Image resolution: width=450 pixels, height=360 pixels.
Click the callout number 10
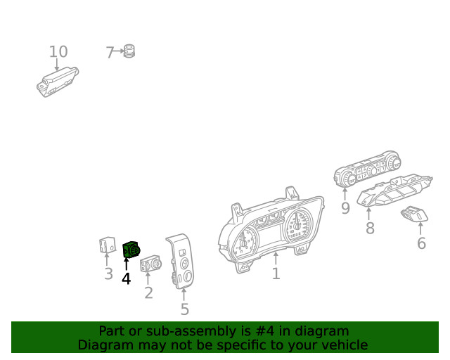[58, 51]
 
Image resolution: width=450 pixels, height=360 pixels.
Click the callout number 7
[110, 53]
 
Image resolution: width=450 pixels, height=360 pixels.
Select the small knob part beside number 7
[129, 51]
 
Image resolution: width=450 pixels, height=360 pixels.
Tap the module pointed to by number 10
[58, 82]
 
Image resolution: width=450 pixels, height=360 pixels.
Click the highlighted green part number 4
[131, 250]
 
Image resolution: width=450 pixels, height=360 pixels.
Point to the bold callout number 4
[127, 278]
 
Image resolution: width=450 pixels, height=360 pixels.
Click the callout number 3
[108, 274]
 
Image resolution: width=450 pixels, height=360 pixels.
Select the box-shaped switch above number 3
[108, 245]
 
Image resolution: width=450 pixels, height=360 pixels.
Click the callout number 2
[148, 293]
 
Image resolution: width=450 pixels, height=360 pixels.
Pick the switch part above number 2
[150, 263]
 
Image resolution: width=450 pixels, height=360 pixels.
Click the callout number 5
[185, 309]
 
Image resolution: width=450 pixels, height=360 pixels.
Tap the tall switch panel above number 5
[181, 262]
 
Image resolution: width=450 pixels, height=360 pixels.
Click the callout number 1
[276, 274]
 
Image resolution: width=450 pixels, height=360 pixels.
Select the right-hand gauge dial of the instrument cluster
[298, 225]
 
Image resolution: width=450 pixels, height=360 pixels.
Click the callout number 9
[345, 208]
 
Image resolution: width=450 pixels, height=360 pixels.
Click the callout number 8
[371, 229]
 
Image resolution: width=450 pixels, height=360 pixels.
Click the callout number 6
[421, 243]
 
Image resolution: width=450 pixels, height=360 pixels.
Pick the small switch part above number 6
[414, 214]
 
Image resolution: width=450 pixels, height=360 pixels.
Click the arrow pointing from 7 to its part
[119, 51]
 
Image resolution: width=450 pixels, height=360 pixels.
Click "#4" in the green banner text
[265, 331]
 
